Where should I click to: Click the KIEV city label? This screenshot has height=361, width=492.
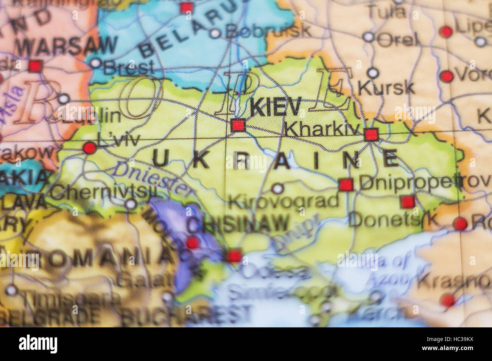click(x=276, y=108)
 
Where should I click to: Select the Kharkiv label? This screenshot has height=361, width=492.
click(x=321, y=130)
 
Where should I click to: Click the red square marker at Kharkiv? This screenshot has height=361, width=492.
click(x=371, y=134)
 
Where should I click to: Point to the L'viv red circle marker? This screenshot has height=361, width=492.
click(x=90, y=148)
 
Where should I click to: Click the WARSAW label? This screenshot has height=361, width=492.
click(x=67, y=46)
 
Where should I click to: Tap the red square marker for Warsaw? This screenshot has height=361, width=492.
click(x=35, y=66)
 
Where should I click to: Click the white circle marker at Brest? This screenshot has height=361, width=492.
click(x=95, y=63)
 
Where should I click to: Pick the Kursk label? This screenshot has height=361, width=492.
click(x=386, y=88)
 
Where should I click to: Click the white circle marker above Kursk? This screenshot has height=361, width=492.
click(x=373, y=73)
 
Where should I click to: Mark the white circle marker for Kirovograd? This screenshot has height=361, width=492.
click(x=278, y=188)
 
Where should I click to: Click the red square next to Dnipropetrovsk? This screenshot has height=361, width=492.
click(x=346, y=185)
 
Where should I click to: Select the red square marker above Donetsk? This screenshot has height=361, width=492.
click(x=408, y=202)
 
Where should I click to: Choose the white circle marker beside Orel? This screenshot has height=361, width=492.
click(x=368, y=37)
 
